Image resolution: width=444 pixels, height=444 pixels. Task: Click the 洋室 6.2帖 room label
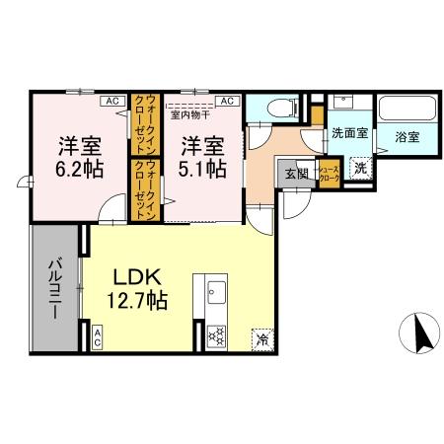pyautogui.click(x=77, y=156)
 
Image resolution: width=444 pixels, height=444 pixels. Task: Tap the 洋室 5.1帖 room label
pyautogui.click(x=201, y=156)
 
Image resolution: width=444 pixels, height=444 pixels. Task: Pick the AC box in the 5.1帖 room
pyautogui.click(x=226, y=100)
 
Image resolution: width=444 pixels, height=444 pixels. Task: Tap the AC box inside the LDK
pyautogui.click(x=98, y=335)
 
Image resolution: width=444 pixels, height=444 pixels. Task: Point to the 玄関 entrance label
pyautogui.click(x=297, y=175)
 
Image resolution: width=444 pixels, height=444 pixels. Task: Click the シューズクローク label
pyautogui.click(x=328, y=175)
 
